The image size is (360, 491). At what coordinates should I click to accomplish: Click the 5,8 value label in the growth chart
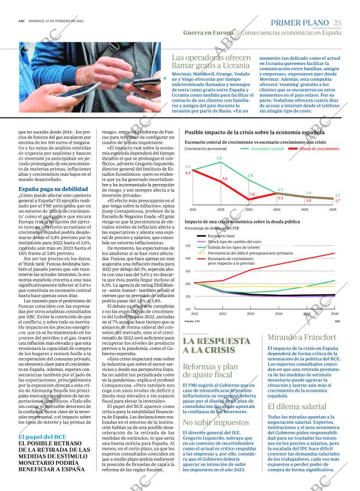[x=219, y=158]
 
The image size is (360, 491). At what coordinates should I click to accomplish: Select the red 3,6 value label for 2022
[x=225, y=179]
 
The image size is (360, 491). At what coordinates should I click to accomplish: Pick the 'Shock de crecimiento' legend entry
[x=319, y=149]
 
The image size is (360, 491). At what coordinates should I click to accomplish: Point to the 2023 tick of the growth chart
[x=249, y=209]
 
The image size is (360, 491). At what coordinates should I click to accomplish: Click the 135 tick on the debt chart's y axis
[x=188, y=246]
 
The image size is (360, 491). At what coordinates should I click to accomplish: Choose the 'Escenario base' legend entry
[x=221, y=236]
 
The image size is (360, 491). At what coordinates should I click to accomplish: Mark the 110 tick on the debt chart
[x=188, y=309]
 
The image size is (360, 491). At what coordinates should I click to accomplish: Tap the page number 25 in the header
[x=338, y=22]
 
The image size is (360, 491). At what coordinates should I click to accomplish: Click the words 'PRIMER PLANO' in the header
[x=300, y=22]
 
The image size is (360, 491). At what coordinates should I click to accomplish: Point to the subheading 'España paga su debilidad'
[x=53, y=190]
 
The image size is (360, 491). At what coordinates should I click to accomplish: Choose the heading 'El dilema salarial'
[x=297, y=406]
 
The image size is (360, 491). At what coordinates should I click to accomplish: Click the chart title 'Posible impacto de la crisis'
[x=254, y=133]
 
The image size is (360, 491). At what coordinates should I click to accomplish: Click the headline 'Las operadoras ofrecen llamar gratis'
[x=211, y=62]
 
